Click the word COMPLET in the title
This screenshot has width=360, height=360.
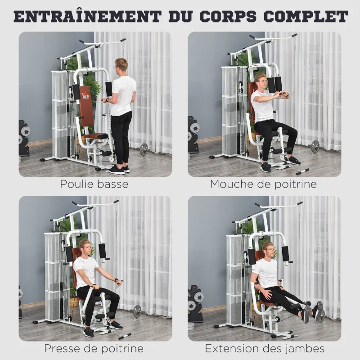(306, 16)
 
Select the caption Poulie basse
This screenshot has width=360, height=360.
(94, 184)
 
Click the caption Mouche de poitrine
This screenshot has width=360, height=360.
(263, 184)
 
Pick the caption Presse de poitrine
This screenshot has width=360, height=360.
(94, 348)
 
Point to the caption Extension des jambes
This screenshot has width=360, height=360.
(265, 348)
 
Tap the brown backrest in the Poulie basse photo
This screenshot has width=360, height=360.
(86, 106)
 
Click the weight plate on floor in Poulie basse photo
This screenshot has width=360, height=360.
(144, 149)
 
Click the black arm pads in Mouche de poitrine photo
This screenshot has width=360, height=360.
(274, 83)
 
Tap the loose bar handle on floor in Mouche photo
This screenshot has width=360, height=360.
(302, 171)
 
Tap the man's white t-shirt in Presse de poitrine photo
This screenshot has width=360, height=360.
(85, 270)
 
